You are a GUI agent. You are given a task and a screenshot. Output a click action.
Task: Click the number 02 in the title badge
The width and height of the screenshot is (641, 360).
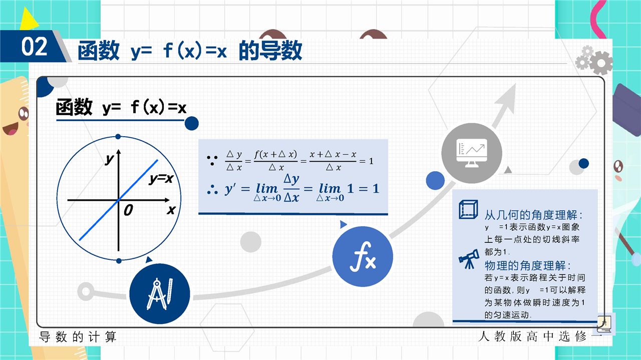(35, 47)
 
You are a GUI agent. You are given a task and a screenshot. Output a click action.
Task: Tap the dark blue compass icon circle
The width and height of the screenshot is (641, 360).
(160, 293)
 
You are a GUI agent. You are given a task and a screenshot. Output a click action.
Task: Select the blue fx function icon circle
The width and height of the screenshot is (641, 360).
(363, 256)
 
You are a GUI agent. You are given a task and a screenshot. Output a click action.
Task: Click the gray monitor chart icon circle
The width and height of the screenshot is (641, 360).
(472, 153)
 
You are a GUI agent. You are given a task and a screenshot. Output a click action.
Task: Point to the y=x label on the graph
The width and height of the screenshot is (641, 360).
(161, 179)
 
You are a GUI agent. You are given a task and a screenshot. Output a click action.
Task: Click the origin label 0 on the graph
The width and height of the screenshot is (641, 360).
(128, 210)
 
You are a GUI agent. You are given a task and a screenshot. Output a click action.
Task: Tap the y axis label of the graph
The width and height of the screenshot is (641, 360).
(109, 159)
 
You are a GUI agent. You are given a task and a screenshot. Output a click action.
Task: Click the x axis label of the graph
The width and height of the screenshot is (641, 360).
(171, 210)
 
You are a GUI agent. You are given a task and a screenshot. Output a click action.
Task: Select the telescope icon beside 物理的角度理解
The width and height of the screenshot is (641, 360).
(469, 259)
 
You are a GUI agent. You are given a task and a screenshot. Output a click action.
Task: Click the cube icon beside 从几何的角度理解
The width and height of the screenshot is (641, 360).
(468, 209)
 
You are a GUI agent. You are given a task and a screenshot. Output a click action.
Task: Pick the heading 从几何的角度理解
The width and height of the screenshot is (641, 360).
(533, 215)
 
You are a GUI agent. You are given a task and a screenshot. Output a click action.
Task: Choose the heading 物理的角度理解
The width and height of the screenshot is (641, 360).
(527, 265)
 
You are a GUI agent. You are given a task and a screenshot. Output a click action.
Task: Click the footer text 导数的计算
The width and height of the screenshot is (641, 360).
(78, 337)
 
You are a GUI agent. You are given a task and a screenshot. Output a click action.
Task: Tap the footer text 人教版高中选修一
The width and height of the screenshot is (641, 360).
(540, 336)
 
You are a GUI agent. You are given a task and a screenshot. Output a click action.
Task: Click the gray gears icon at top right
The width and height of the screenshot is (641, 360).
(594, 60)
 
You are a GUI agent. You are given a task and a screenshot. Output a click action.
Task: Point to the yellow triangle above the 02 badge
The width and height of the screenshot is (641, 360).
(29, 19)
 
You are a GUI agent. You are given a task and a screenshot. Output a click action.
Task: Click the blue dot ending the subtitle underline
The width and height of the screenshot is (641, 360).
(191, 123)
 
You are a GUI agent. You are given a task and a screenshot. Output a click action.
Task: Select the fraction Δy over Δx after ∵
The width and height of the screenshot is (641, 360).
(234, 161)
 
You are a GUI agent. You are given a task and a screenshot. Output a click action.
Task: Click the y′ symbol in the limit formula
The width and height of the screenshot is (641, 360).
(230, 189)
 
